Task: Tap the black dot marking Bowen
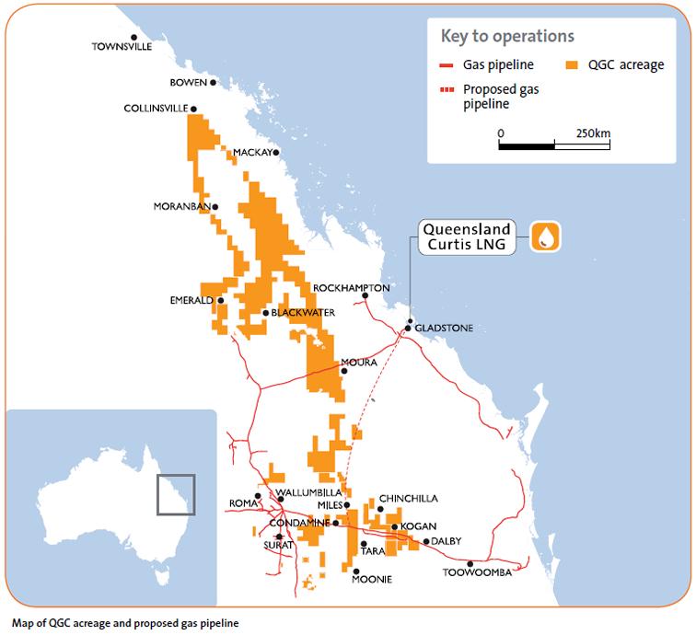pyautogui.click(x=214, y=83)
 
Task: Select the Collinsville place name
pyautogui.click(x=156, y=109)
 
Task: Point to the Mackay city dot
pyautogui.click(x=276, y=153)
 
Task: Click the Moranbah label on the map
pyautogui.click(x=181, y=206)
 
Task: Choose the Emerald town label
pyautogui.click(x=191, y=300)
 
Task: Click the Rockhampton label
pyautogui.click(x=351, y=288)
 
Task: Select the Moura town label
pyautogui.click(x=359, y=363)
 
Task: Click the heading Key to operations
pyautogui.click(x=507, y=37)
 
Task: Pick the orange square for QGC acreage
pyautogui.click(x=572, y=65)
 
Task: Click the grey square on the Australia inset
pyautogui.click(x=175, y=493)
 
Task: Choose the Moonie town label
pyautogui.click(x=373, y=580)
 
